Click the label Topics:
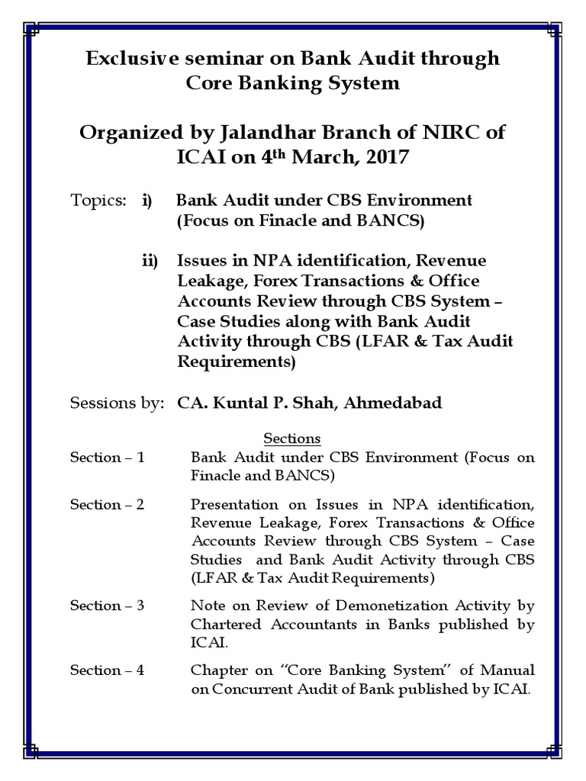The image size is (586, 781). pos(98,201)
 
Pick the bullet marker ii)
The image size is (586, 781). pos(149,261)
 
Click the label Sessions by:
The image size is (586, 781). pos(116,402)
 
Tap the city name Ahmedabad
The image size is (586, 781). pos(392,402)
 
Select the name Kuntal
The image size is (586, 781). pos(240,402)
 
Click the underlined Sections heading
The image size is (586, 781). pos(292,439)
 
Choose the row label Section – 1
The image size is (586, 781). pos(107,458)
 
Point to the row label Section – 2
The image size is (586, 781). pos(107,505)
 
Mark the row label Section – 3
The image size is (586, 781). pos(107,606)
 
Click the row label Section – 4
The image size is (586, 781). pos(107,670)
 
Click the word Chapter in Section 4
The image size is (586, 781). pos(217,670)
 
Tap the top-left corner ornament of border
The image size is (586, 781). pos(32,30)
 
